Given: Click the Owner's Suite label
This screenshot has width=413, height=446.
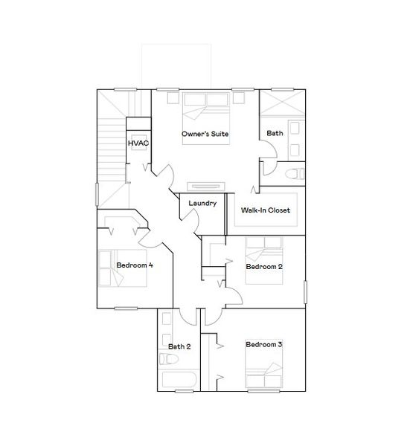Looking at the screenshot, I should point(205,135).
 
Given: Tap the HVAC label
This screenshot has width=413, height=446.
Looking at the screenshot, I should point(137,143).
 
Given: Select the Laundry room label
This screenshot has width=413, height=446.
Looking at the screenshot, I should point(202,204).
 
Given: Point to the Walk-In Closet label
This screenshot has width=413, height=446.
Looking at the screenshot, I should point(265,210).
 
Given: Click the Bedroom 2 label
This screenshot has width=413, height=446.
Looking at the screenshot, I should point(263,266).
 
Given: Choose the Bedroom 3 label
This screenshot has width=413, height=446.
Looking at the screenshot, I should point(264,345).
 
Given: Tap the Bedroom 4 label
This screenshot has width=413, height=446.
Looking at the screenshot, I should point(135,265).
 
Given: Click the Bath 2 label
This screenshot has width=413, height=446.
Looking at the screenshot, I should point(179,346).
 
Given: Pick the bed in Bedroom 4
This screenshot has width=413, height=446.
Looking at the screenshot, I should point(115,268).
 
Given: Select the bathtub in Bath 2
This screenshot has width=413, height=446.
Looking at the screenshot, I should point(178,381).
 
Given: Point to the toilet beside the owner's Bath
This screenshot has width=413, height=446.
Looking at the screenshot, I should point(295,174).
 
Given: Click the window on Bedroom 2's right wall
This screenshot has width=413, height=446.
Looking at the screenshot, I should point(305,291).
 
